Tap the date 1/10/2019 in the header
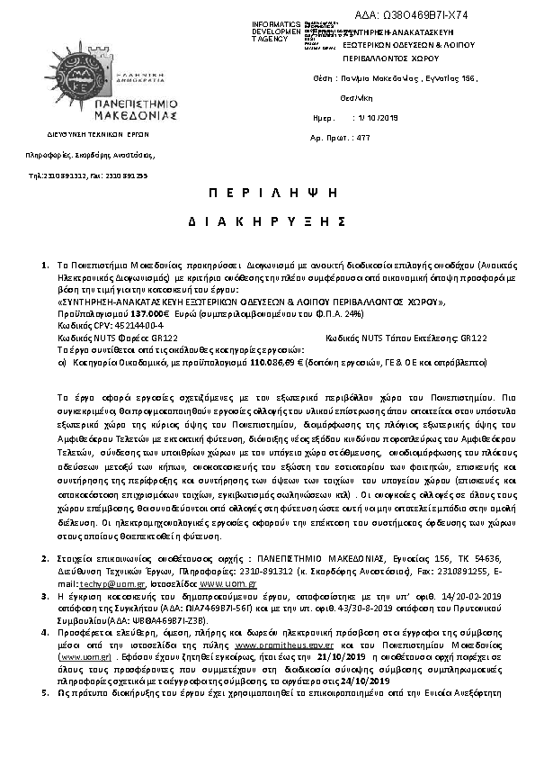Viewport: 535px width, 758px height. point(377,118)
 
